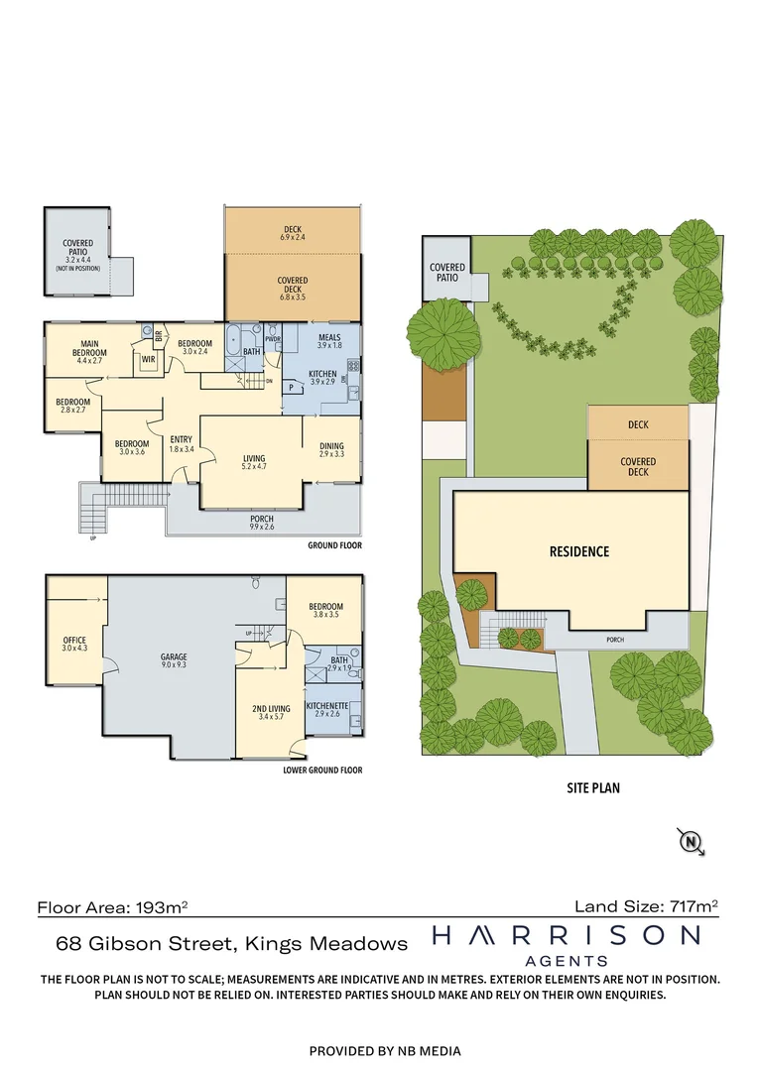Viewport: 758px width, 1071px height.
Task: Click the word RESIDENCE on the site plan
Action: [x=579, y=551]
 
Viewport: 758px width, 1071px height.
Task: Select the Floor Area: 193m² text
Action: [x=113, y=906]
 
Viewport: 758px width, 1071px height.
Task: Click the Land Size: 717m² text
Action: [x=646, y=905]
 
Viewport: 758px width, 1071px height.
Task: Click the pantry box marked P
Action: [x=292, y=389]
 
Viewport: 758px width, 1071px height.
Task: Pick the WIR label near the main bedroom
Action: [x=148, y=359]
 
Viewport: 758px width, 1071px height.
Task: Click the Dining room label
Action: [x=331, y=449]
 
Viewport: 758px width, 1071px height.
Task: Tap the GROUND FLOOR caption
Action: [x=334, y=545]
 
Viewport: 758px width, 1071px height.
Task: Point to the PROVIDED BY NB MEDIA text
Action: [x=385, y=1050]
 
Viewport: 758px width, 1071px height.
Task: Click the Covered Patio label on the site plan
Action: [x=447, y=273]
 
